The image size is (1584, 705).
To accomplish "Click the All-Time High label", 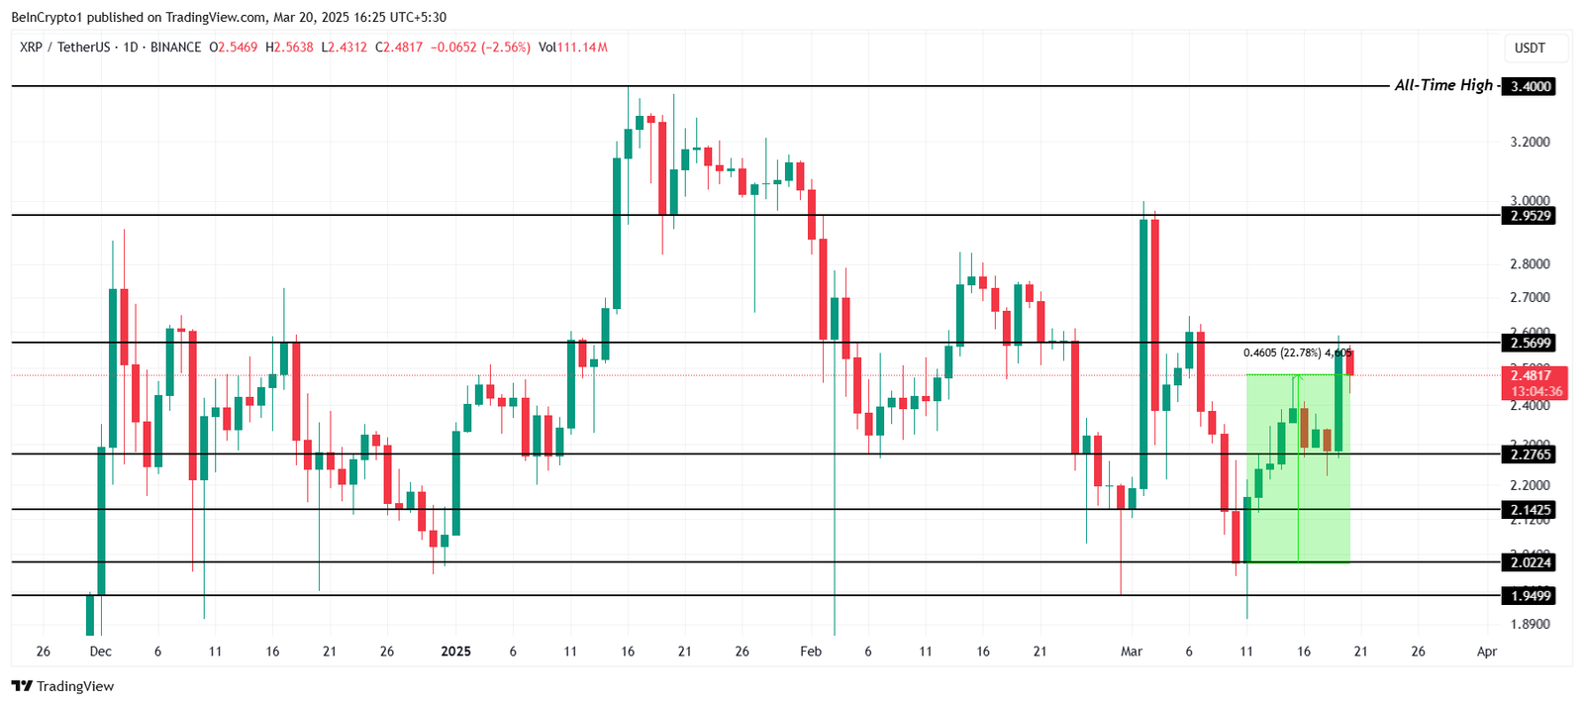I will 1442,85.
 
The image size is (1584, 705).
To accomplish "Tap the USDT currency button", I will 1530,48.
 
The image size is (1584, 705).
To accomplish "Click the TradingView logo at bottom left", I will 63,686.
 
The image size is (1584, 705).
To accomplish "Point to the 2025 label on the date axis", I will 455,652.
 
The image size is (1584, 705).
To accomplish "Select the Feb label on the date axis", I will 811,652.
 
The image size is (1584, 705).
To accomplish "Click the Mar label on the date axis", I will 1132,652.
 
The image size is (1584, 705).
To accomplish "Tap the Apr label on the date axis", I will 1486,652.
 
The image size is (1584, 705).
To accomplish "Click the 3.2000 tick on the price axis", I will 1531,143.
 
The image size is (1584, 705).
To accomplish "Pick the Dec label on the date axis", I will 100,652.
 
